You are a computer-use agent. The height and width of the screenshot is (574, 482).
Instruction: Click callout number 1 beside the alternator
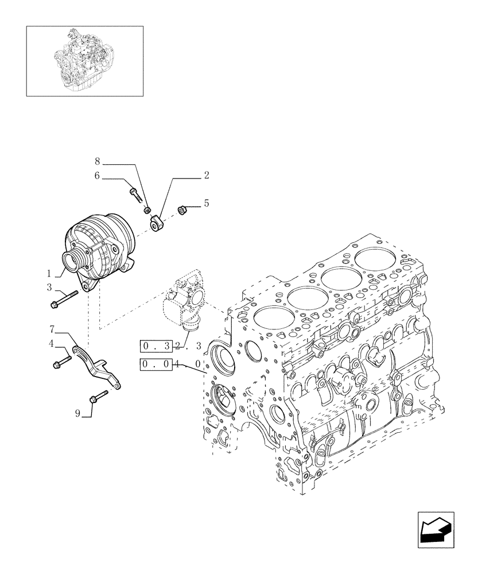point(49,274)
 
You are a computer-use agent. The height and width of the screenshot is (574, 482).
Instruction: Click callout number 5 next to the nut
point(206,203)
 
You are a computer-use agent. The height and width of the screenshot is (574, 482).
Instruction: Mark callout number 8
point(98,163)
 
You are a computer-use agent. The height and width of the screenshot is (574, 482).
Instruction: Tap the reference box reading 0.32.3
point(170,346)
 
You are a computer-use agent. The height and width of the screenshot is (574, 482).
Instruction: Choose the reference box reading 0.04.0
point(170,364)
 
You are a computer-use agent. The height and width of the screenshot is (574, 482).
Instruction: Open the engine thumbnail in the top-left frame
point(84,60)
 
